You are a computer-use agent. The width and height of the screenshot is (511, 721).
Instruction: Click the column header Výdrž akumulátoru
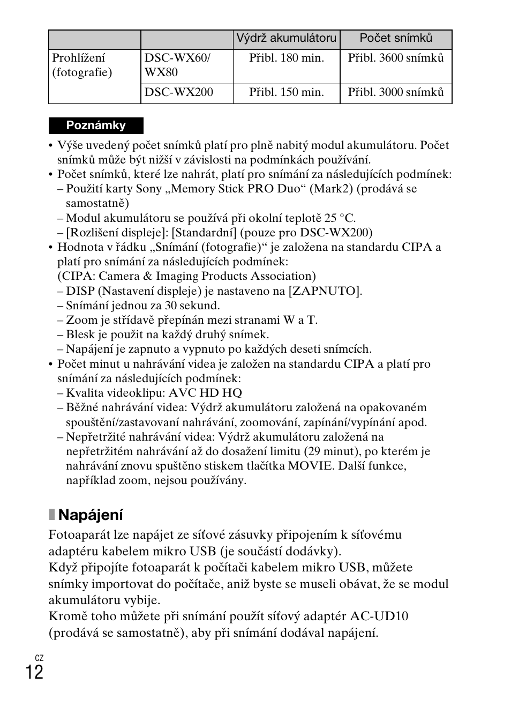coord(287,38)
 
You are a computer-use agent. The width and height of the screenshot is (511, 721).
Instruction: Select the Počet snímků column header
coord(396,38)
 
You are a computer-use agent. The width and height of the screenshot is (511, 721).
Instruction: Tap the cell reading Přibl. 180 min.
coord(287,58)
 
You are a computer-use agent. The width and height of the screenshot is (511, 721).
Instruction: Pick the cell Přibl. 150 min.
coord(287,92)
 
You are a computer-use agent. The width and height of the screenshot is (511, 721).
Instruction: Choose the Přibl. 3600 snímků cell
coord(396,58)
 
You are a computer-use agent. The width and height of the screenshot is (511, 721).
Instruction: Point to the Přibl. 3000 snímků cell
coord(396,92)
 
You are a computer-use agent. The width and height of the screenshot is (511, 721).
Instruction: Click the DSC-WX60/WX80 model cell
coord(177,65)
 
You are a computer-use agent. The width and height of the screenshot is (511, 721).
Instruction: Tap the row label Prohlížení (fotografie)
coord(82,65)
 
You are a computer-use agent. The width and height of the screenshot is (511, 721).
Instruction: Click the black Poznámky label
coord(96,125)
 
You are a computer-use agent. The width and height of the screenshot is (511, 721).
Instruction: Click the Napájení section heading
coord(91,515)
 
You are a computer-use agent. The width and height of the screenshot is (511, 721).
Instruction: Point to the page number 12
coord(34,672)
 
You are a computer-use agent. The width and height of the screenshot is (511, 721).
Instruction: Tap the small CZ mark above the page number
coord(39,658)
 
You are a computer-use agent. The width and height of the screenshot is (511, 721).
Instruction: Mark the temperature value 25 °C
coord(339,218)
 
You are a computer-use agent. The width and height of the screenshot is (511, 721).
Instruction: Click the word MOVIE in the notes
coord(310,466)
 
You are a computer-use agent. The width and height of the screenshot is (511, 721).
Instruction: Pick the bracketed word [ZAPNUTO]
coord(325,291)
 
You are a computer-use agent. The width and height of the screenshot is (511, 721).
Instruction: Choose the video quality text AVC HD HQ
coord(208,393)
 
